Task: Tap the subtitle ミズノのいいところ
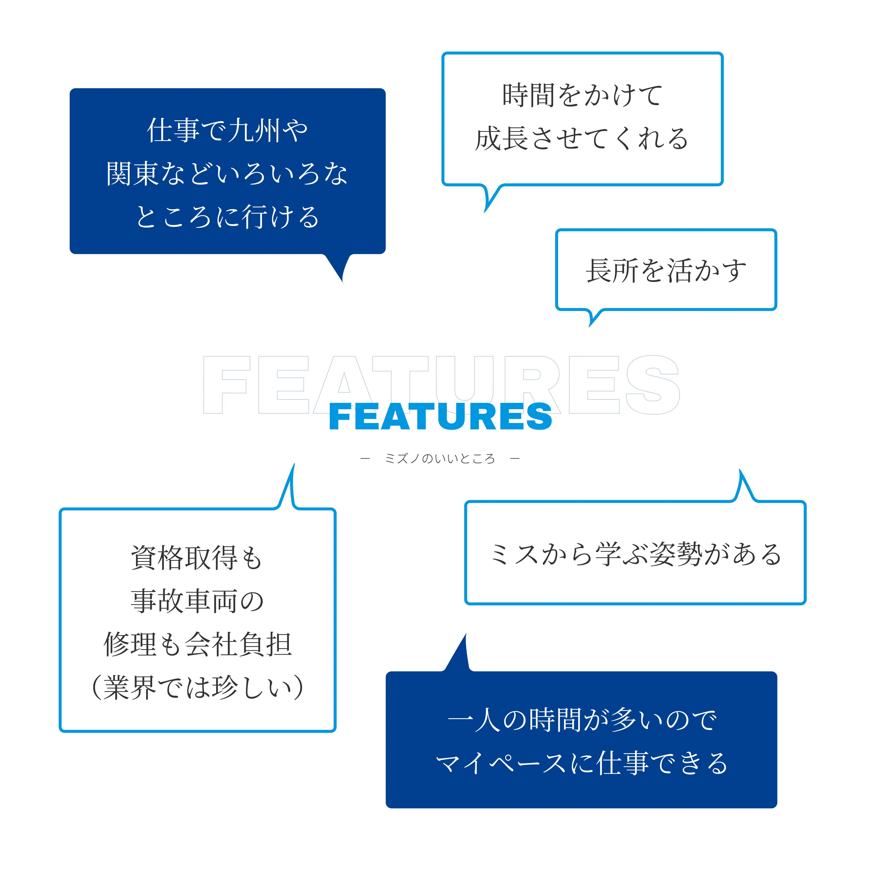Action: tap(440, 459)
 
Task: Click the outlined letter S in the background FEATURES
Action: tap(652, 385)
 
